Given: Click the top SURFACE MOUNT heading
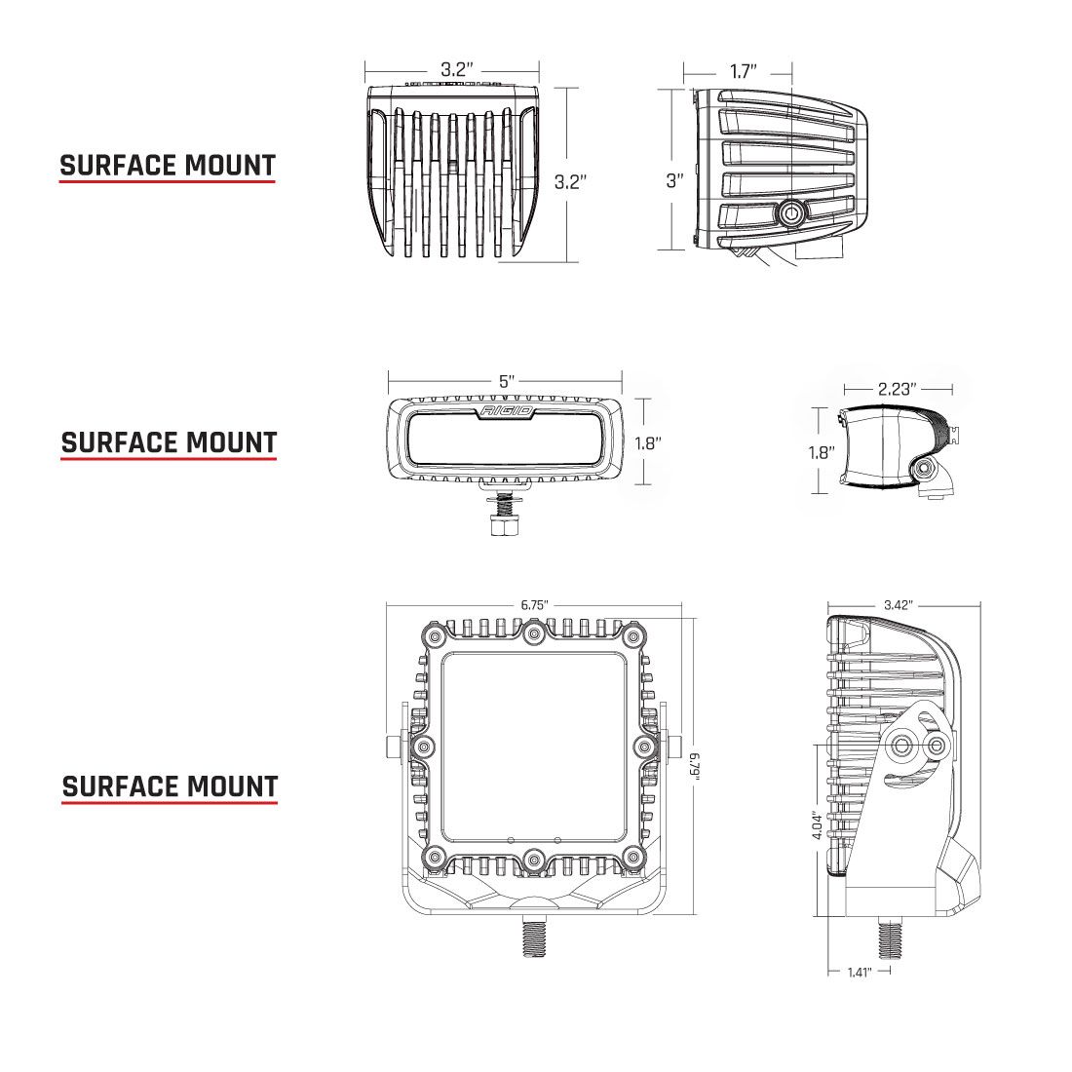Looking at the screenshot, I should point(168,166).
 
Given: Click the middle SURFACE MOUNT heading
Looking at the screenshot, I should point(169,442).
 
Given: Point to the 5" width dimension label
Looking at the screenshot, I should point(506,381).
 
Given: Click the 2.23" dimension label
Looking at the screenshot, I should point(897,389).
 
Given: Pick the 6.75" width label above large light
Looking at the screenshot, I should point(534,605).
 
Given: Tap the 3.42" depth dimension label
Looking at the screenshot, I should point(898,605).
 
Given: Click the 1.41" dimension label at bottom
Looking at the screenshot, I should point(858,972).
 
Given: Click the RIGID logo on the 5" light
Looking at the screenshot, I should point(506,412).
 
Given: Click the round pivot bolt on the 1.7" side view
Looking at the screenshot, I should point(790,212).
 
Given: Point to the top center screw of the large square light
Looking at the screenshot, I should point(533,634).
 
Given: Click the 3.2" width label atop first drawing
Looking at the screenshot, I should point(455,70).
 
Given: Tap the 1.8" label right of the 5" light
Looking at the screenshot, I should point(647,442).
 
